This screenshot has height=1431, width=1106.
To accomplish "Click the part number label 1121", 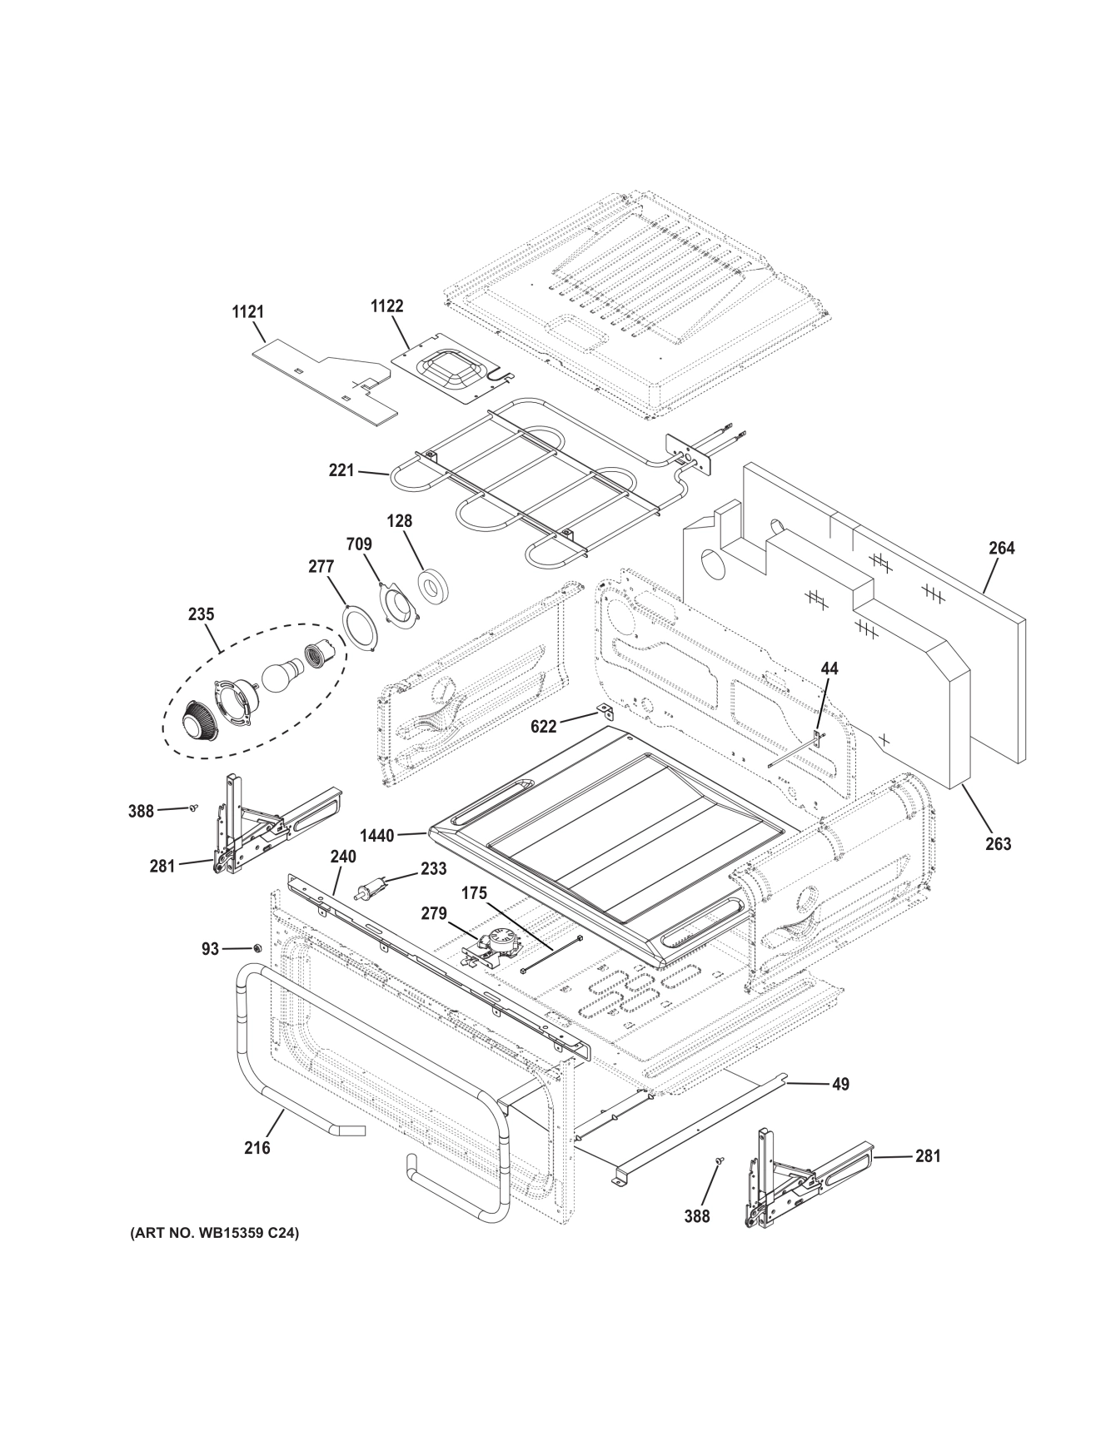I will [247, 312].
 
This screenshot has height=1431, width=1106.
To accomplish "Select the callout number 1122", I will [386, 306].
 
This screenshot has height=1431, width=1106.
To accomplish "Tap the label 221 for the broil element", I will [341, 471].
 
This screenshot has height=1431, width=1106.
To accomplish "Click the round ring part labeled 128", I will [434, 585].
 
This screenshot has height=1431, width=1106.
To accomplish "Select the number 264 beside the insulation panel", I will [1002, 548].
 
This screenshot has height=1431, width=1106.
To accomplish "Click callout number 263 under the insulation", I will [998, 844].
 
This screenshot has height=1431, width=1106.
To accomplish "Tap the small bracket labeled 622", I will [605, 713].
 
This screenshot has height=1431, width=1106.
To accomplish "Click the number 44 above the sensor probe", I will [829, 668].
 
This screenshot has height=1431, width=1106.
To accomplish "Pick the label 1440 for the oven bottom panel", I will [377, 835].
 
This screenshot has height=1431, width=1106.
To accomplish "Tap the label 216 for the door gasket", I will [257, 1148].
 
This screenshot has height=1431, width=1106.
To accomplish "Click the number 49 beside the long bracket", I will [840, 1084].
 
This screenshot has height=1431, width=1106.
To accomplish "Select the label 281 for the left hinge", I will [162, 866].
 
